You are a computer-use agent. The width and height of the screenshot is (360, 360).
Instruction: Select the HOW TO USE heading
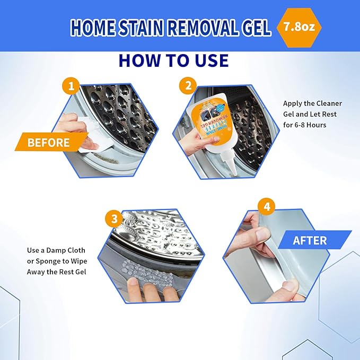pos(174,60)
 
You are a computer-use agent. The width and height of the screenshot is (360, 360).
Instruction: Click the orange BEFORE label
pos(48,143)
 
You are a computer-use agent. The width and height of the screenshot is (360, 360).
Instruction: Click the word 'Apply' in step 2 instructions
pos(293,103)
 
